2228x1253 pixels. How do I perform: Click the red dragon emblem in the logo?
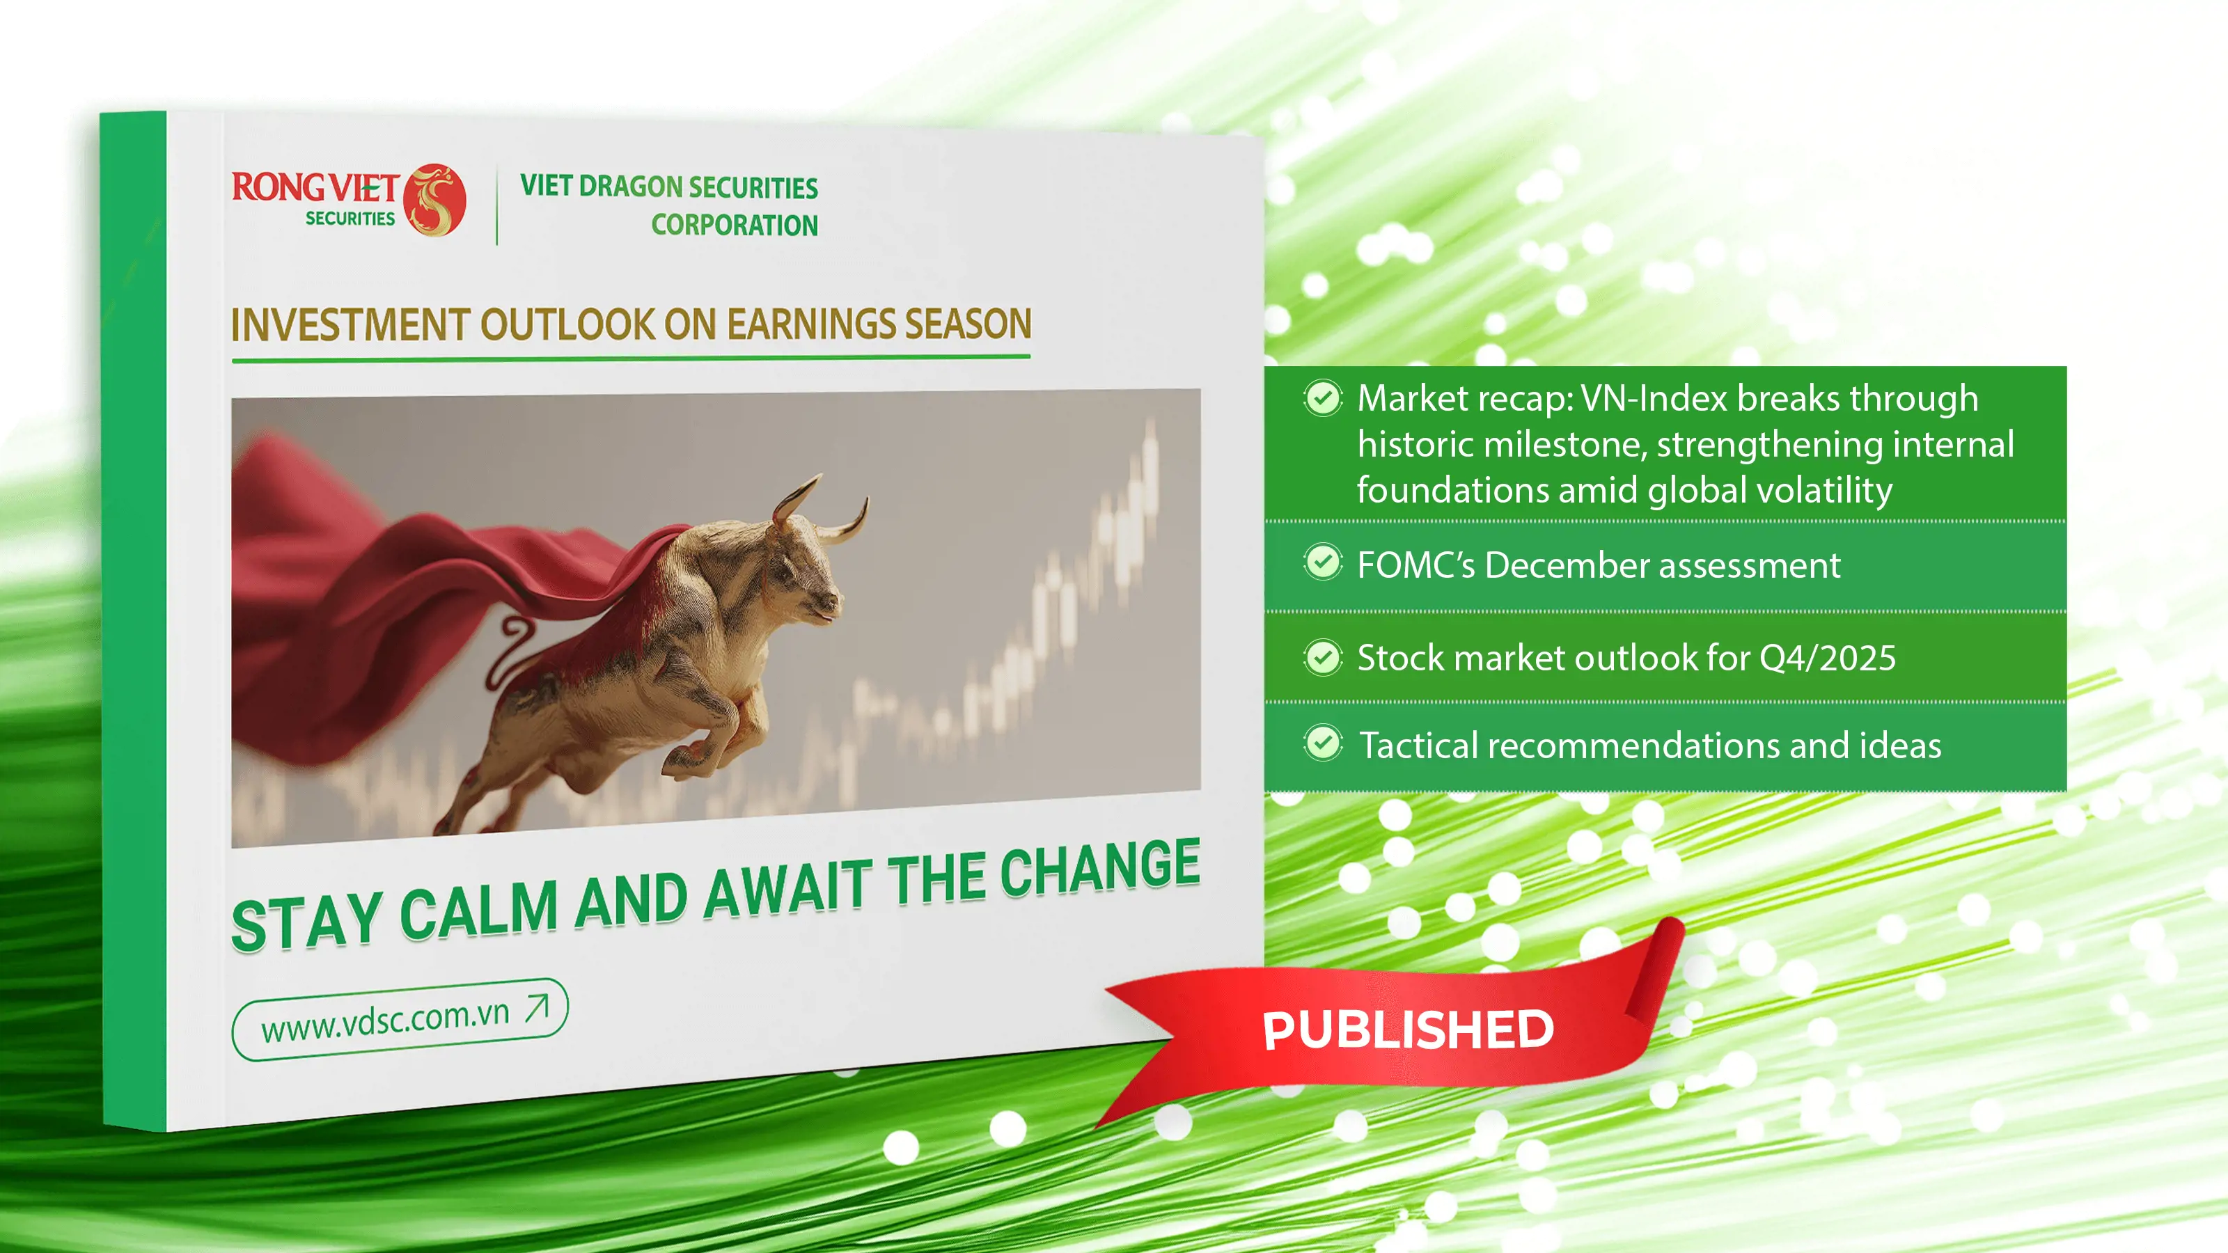(434, 200)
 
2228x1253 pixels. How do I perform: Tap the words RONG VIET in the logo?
(314, 186)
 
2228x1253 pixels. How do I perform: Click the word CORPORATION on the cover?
(735, 225)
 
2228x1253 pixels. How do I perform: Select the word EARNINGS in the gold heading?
(808, 324)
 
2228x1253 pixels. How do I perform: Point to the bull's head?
(800, 562)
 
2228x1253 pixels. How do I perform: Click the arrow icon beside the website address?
(537, 1007)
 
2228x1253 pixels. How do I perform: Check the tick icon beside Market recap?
(1322, 399)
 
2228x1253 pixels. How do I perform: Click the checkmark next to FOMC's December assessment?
(1322, 563)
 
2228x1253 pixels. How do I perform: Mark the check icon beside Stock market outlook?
(1322, 658)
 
